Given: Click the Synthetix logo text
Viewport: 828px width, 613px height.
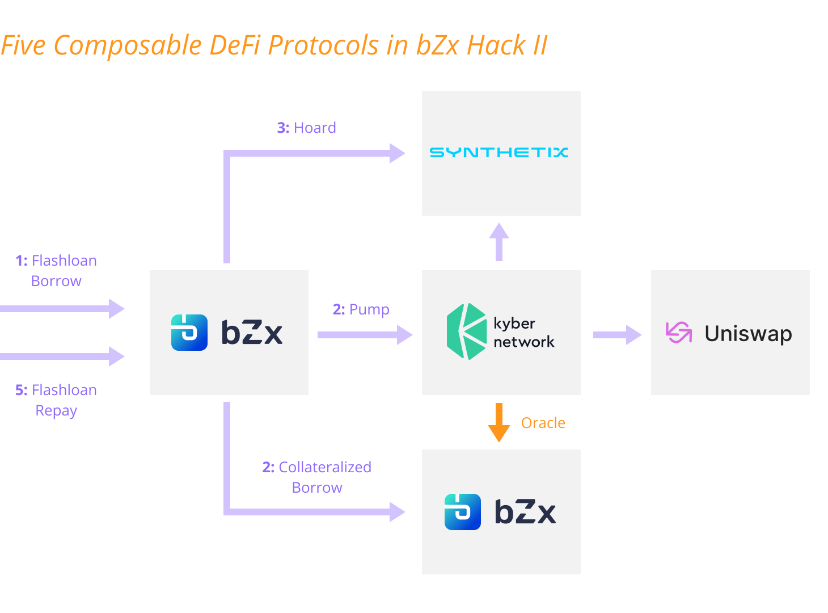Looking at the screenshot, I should [499, 152].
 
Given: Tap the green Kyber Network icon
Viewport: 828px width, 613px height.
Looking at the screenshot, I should [466, 331].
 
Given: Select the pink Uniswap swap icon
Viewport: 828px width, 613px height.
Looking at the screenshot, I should [678, 333].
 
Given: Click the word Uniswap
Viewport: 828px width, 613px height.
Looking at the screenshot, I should [748, 334].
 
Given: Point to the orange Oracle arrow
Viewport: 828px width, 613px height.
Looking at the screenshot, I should [499, 422].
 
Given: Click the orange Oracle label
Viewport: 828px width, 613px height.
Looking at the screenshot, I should [543, 423].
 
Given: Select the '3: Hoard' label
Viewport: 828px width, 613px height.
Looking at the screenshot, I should [306, 128].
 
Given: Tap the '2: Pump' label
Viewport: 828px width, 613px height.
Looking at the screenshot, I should [361, 309].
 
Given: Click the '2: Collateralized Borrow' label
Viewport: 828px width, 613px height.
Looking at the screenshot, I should [316, 477].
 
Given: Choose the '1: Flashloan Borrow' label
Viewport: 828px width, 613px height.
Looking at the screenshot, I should [56, 271].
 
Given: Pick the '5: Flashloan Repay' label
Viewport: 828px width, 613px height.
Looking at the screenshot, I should [56, 400].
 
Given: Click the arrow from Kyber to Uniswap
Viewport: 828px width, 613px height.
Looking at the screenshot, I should [616, 334].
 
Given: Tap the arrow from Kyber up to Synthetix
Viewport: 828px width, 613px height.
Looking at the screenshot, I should [499, 242].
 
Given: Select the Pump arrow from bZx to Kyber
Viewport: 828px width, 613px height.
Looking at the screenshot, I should [364, 334].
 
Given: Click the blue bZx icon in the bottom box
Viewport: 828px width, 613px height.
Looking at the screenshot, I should [463, 512].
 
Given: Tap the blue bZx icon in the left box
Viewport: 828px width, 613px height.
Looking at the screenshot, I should [189, 333].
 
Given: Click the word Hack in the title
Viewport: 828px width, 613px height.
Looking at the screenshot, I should [496, 45].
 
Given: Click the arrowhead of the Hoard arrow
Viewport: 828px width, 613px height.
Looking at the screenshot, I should [397, 153].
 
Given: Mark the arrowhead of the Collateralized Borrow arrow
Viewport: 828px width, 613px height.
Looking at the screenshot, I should [397, 511].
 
